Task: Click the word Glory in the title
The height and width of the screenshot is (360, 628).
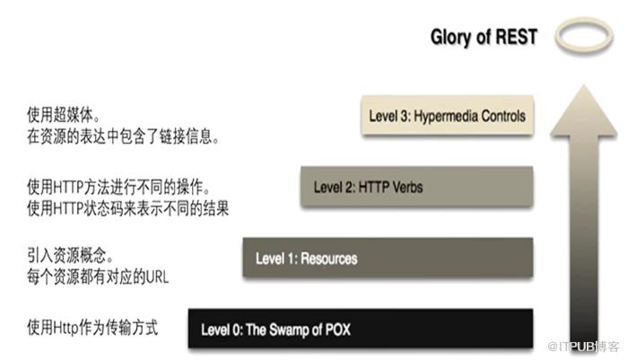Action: pos(450,38)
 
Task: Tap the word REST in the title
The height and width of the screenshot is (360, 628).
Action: pos(516,37)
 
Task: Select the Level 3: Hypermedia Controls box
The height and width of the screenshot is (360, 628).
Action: pos(448,115)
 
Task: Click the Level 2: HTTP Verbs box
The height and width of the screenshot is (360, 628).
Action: pos(417,187)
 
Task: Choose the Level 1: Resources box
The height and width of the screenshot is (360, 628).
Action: pos(388,258)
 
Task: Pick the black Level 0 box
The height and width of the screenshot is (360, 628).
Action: pos(361,329)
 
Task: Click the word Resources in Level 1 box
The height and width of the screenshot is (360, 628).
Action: pos(329,259)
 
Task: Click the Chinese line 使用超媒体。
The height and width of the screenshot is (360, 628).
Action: pos(64,115)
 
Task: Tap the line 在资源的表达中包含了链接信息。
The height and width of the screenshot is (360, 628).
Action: pos(124,136)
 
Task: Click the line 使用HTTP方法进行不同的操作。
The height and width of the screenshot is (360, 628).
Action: pos(119,187)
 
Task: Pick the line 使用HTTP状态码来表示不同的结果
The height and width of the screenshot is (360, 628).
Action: pos(127,208)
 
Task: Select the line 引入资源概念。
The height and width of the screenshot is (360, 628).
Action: pos(71,255)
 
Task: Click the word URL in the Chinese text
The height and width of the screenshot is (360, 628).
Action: pos(157,277)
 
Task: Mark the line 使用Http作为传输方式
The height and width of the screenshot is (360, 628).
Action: pos(92,327)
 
